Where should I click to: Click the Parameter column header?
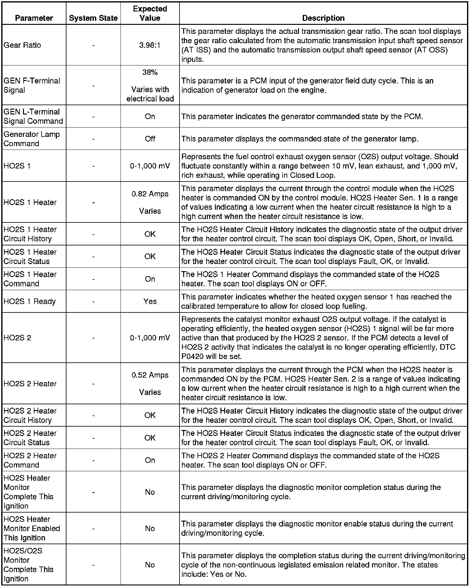pos(34,18)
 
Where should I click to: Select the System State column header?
pos(93,18)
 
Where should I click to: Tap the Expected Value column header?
pos(150,14)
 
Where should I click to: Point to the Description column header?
pos(323,18)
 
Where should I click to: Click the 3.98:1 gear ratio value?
pos(150,45)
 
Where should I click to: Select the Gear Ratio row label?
pos(22,45)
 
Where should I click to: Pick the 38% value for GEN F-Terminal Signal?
pos(150,72)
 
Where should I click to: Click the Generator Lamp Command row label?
pos(32,139)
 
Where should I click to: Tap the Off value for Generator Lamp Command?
pos(150,139)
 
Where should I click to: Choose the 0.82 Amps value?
pos(150,194)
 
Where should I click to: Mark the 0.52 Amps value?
pos(150,375)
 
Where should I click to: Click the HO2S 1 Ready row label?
pos(30,302)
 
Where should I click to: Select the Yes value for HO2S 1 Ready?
pos(150,302)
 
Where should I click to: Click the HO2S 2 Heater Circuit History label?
pos(30,415)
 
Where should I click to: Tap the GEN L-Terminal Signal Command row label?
pos(33,116)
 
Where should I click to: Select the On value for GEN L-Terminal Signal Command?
pos(150,116)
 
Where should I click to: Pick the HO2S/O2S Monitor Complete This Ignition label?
pos(29,565)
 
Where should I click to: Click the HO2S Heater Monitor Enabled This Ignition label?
pos(32,528)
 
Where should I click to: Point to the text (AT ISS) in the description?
pos(196,50)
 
